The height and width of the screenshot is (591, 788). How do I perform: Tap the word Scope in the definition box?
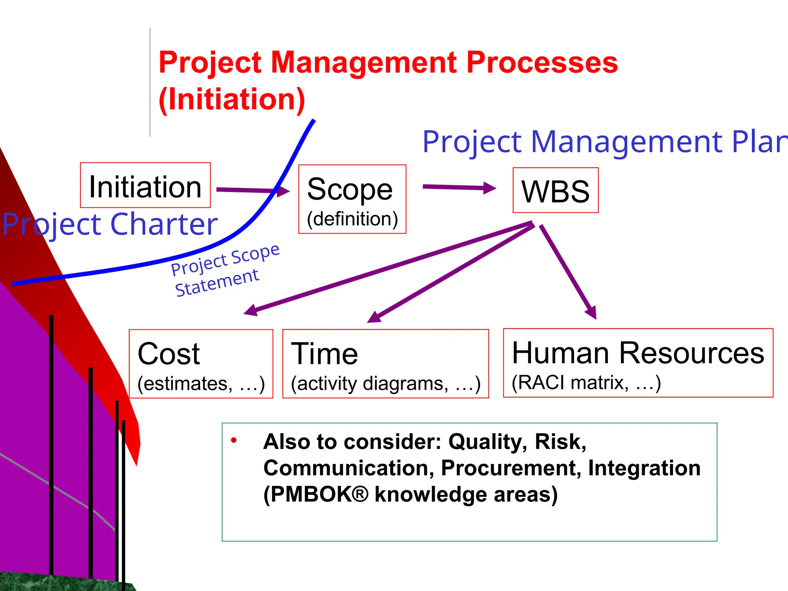tap(350, 189)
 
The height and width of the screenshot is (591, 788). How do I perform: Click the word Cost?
tap(169, 354)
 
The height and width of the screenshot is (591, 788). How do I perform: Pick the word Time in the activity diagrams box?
tap(324, 354)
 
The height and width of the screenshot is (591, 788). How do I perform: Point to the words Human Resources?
tap(638, 353)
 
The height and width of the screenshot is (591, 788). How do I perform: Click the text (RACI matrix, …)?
tap(586, 383)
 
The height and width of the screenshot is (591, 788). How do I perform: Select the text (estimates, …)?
tap(201, 384)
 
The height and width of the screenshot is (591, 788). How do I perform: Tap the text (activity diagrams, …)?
tap(386, 384)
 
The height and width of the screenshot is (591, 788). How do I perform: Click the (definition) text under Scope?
tap(352, 219)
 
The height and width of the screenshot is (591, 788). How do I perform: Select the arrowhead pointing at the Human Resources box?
tap(591, 311)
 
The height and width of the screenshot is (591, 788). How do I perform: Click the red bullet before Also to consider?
tap(234, 440)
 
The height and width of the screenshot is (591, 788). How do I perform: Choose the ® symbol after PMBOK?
tap(359, 494)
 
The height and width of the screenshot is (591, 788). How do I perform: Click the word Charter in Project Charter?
tap(164, 224)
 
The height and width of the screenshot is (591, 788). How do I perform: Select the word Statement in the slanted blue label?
tap(217, 282)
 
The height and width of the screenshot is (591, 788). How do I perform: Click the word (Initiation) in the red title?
tap(232, 99)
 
